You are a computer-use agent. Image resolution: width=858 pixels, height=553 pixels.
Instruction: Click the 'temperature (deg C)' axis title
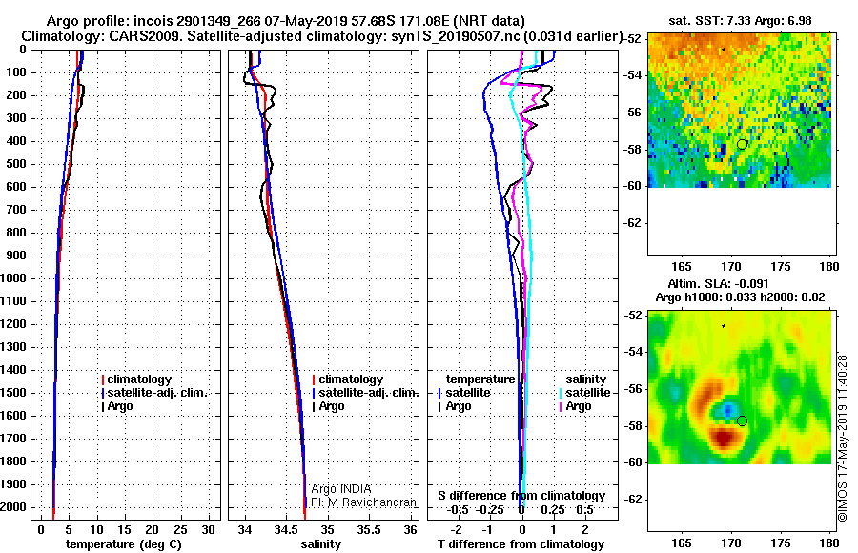point(123,544)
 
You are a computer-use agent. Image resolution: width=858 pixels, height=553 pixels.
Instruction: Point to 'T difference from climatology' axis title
point(521,544)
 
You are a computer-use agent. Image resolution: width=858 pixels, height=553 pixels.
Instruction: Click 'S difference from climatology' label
point(521,496)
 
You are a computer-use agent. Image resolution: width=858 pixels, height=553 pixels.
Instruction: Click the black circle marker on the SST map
point(742,144)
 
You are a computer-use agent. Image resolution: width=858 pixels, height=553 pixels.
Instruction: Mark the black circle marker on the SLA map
point(742,420)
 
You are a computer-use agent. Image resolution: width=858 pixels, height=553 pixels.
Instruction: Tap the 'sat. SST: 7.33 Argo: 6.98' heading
point(739,20)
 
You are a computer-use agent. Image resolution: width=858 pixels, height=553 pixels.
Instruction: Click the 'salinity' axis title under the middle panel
point(321,544)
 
